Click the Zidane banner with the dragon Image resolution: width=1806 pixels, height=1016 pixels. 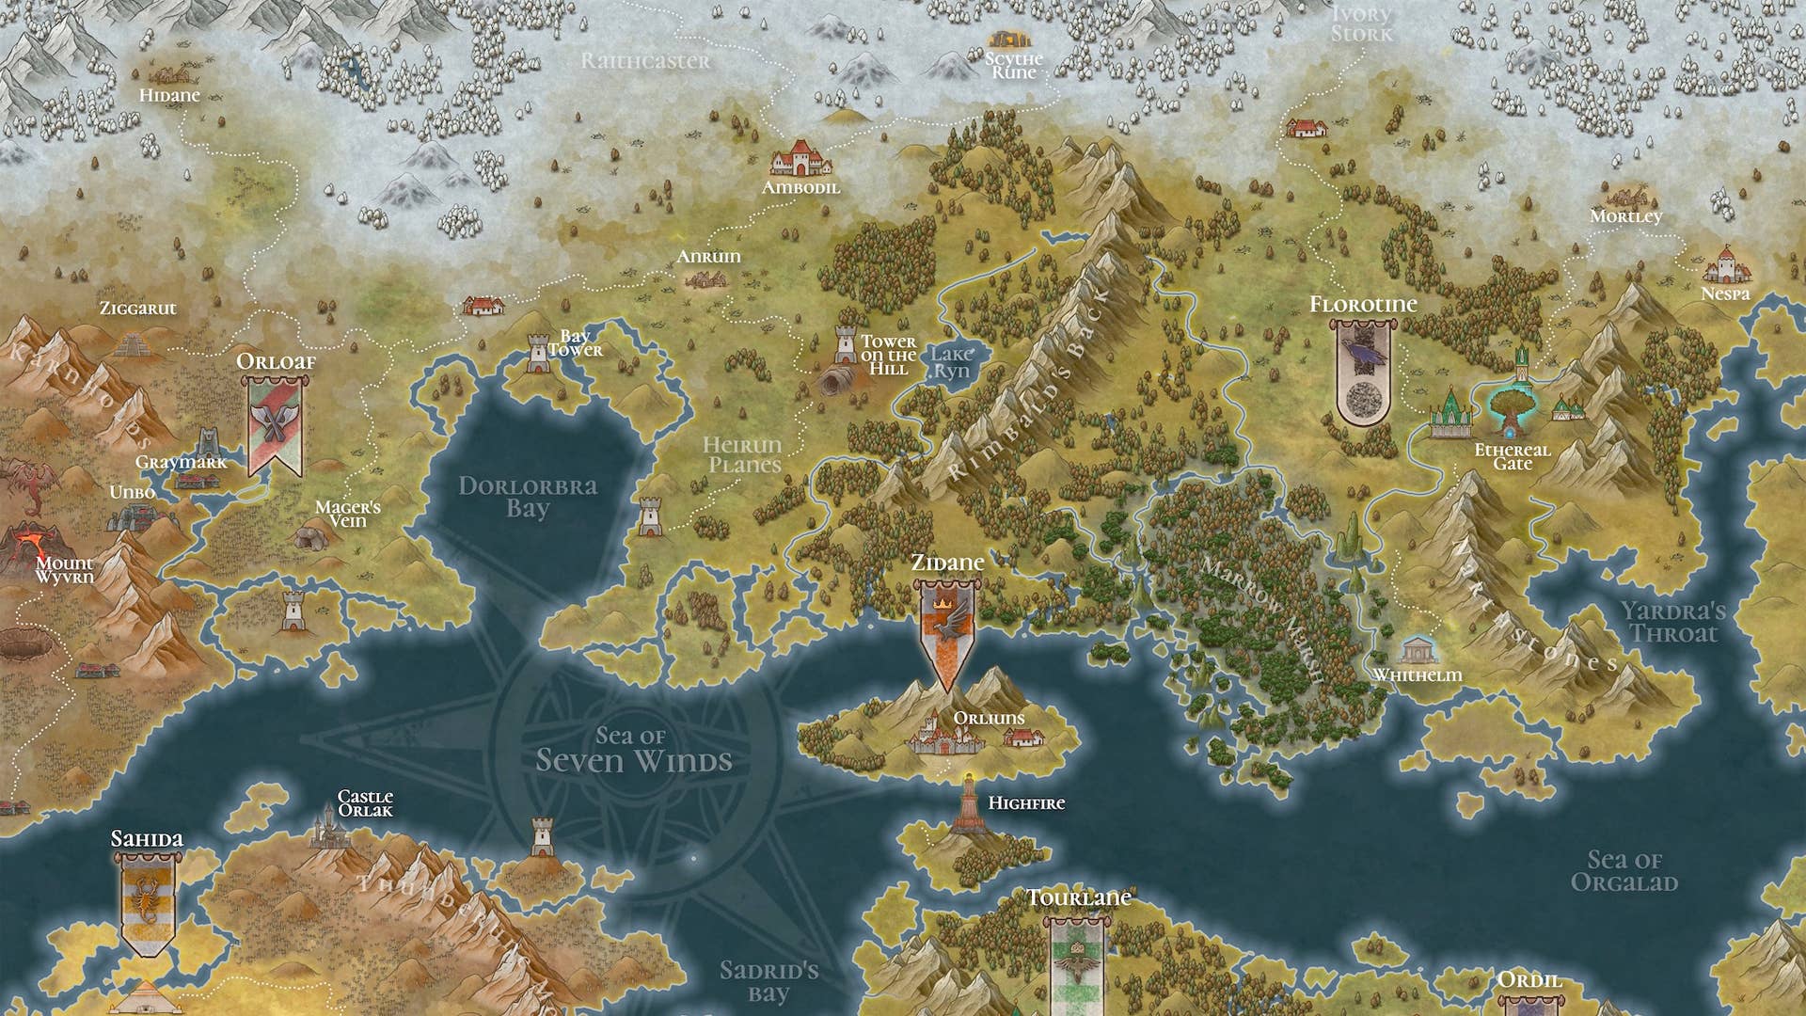pyautogui.click(x=946, y=630)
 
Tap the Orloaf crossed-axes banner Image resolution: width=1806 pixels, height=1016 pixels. pyautogui.click(x=275, y=424)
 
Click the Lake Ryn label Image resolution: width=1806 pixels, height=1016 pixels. pyautogui.click(x=951, y=362)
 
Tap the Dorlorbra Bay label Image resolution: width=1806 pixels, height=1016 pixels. pyautogui.click(x=527, y=497)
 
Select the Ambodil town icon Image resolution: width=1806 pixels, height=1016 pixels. pyautogui.click(x=800, y=159)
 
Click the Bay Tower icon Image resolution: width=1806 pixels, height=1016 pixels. pyautogui.click(x=538, y=352)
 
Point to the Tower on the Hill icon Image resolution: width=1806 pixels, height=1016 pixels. pyautogui.click(x=846, y=345)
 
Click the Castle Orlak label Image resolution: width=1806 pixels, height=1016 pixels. pyautogui.click(x=365, y=803)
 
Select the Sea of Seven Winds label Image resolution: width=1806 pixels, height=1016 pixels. pyautogui.click(x=633, y=750)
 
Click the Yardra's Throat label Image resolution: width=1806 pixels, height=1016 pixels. pyautogui.click(x=1673, y=623)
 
